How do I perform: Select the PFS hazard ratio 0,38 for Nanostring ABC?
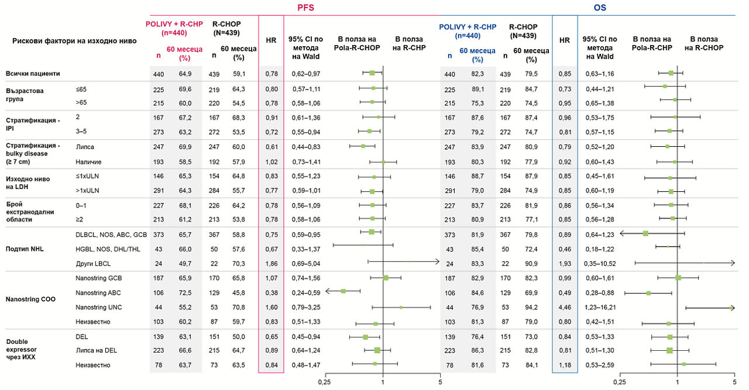(271, 292)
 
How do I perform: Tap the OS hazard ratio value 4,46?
(564, 307)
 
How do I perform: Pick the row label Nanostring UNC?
(95, 307)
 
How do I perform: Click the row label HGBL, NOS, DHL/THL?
(107, 249)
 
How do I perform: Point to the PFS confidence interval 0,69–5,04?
(304, 263)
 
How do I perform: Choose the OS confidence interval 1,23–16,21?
(599, 307)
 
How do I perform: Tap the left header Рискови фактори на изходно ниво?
(74, 41)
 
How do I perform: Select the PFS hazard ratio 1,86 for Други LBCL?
(271, 263)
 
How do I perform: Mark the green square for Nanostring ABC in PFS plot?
(343, 291)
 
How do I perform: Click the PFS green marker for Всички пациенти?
(372, 73)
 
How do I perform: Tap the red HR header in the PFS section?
(271, 40)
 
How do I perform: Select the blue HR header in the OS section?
(564, 40)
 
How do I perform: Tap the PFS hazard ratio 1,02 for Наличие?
(271, 161)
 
